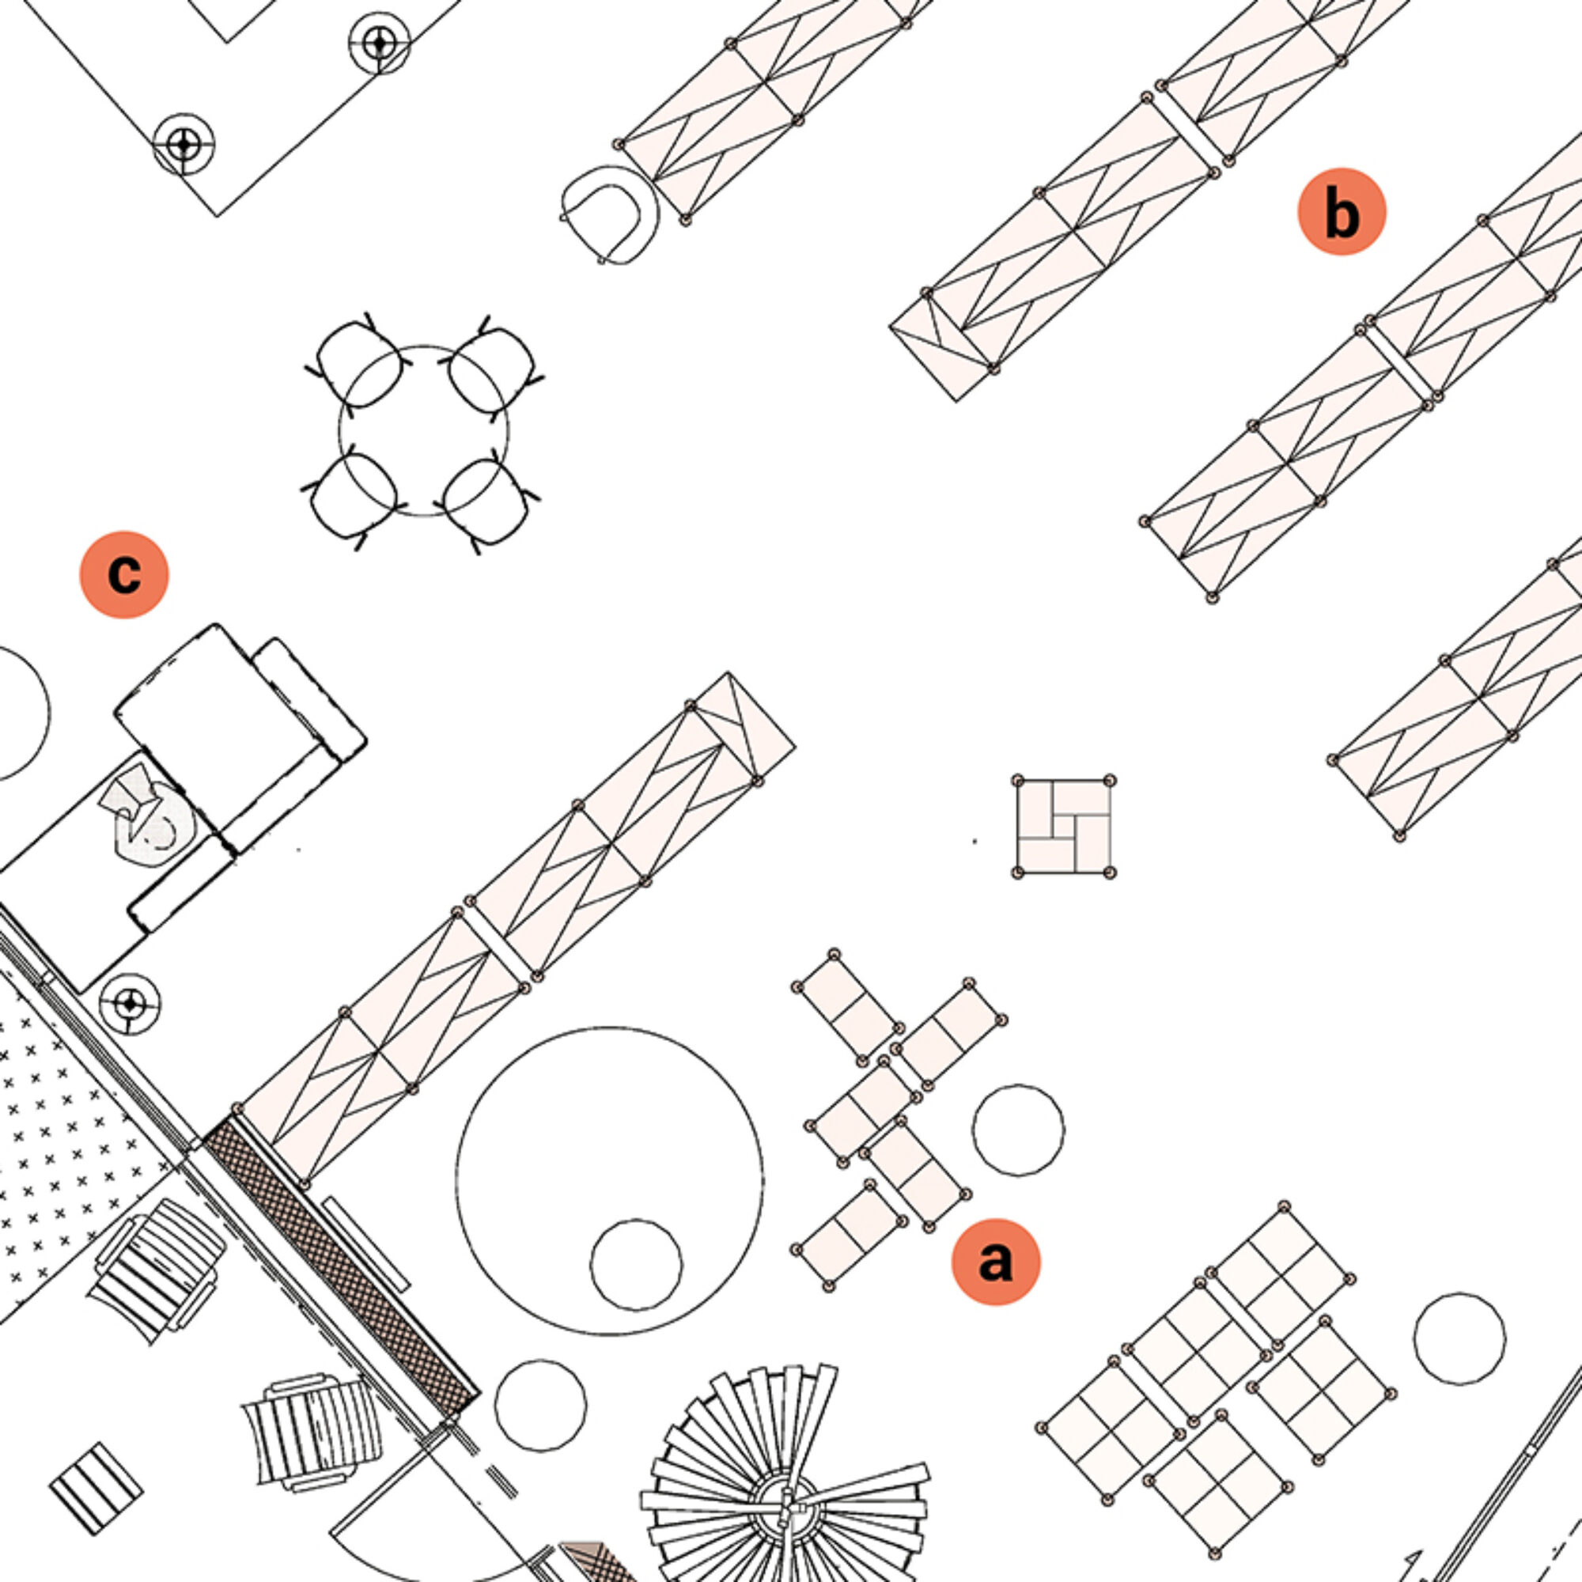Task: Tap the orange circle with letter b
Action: [x=1342, y=211]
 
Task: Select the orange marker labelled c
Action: [x=123, y=575]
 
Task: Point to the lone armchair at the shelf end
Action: [x=610, y=213]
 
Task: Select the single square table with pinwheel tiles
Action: [x=1064, y=827]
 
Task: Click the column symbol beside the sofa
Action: [x=130, y=1003]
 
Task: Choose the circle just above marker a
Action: [x=1019, y=1130]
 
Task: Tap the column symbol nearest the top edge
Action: [x=378, y=42]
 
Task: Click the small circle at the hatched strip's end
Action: [x=541, y=1406]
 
